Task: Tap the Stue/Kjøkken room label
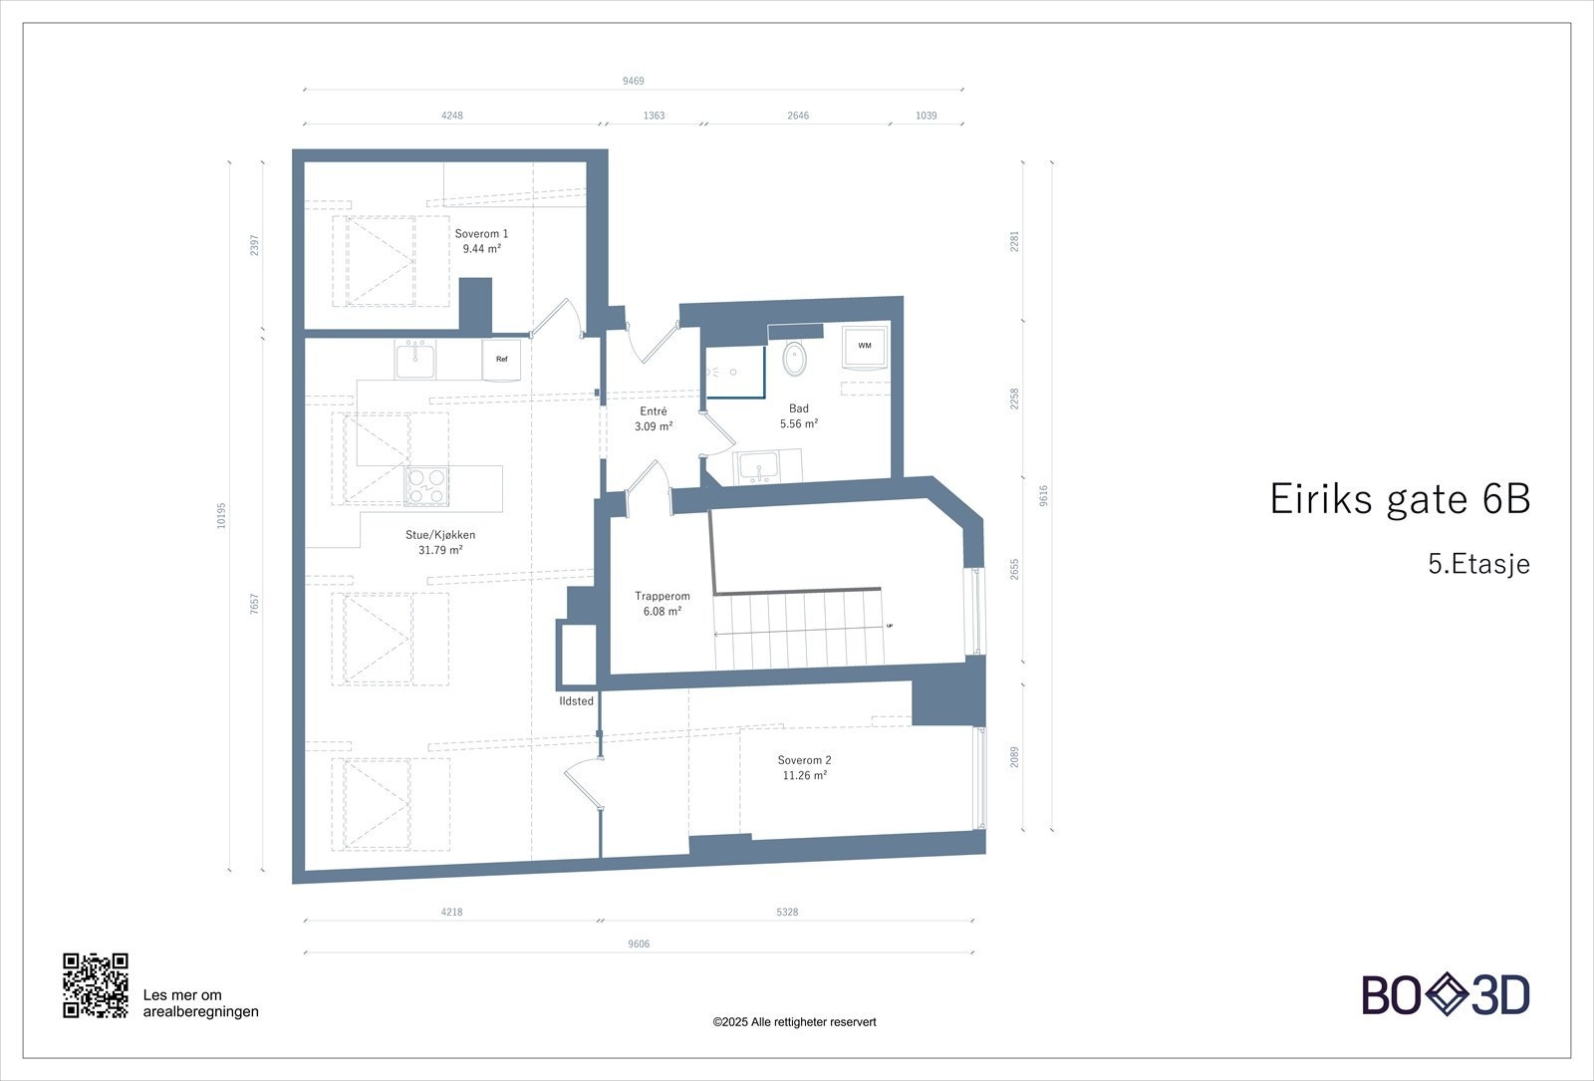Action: (440, 542)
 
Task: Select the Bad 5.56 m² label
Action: (799, 415)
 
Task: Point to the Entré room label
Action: (654, 418)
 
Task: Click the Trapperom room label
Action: (663, 604)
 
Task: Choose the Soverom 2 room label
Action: (804, 767)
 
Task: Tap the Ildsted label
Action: (576, 701)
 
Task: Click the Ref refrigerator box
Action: (502, 360)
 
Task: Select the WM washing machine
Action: (864, 347)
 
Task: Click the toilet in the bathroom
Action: (795, 358)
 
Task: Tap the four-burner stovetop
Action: (425, 486)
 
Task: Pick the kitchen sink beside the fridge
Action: (414, 360)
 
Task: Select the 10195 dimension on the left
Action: (222, 514)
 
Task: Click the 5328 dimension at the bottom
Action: (787, 912)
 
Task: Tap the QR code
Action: (96, 985)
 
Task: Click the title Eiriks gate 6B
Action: (1399, 499)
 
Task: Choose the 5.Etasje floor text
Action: (1478, 564)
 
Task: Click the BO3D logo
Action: (1446, 995)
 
